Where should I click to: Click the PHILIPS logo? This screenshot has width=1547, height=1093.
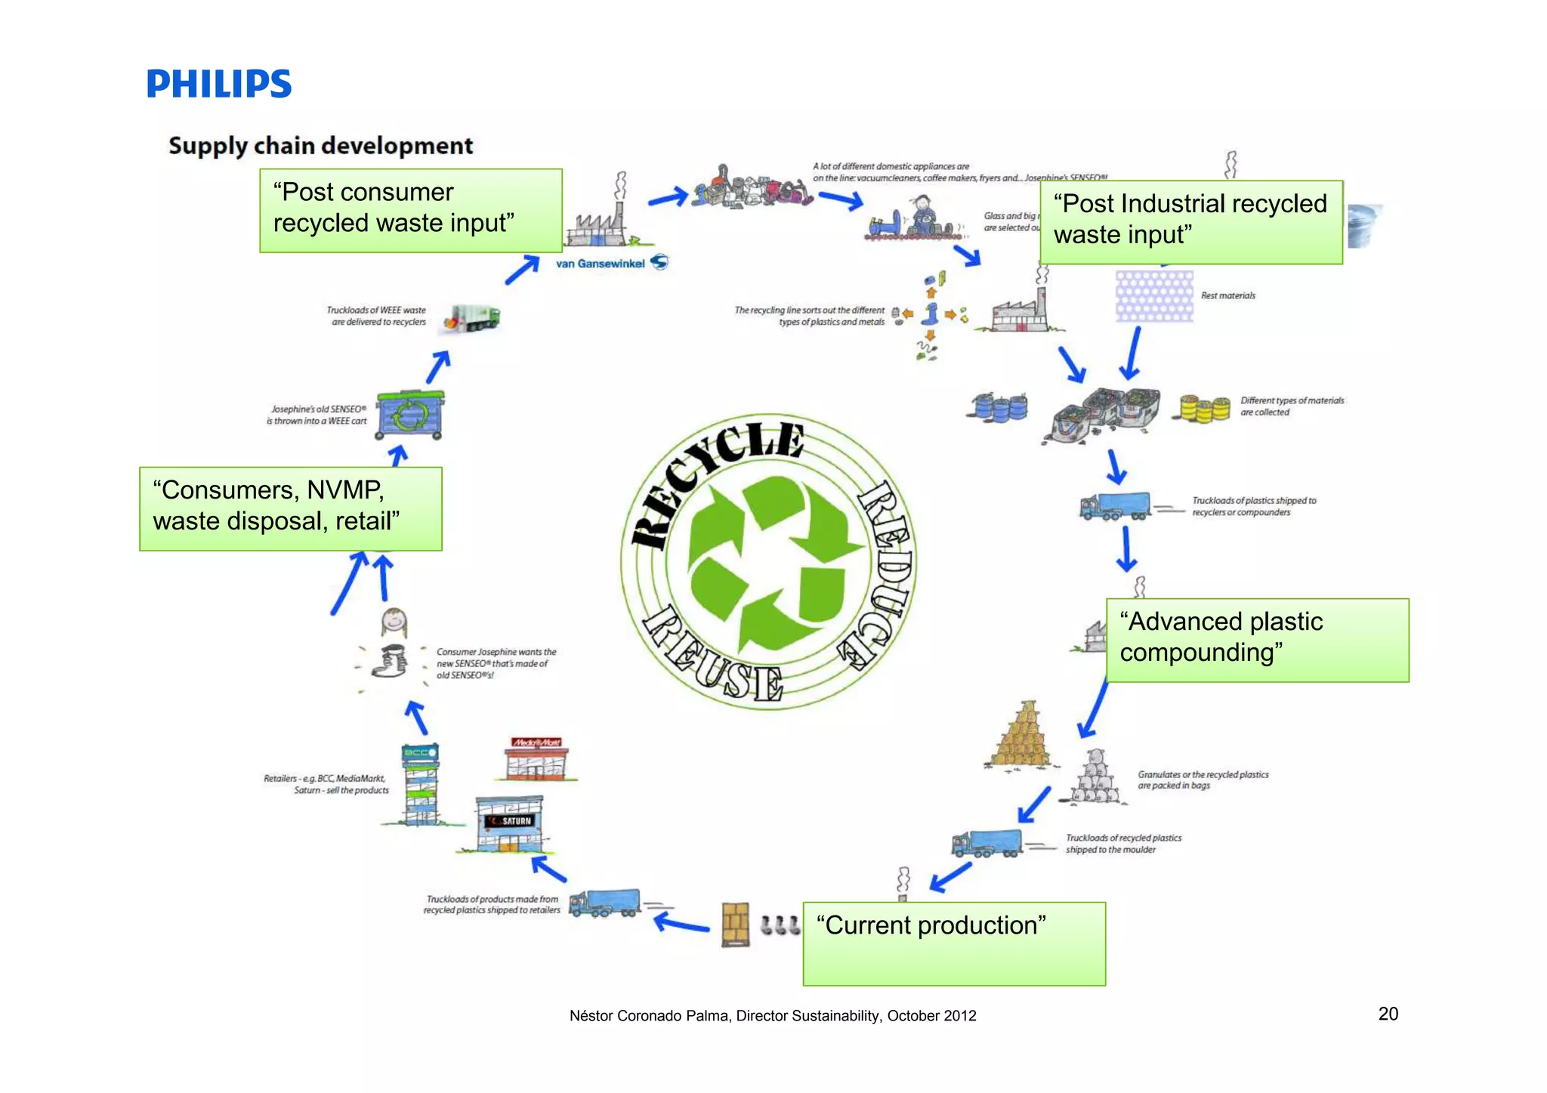[x=218, y=84]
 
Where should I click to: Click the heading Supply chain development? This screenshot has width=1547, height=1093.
[x=320, y=145]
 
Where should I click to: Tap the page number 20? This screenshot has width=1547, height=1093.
[x=1388, y=1014]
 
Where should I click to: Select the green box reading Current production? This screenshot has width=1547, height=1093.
[x=953, y=943]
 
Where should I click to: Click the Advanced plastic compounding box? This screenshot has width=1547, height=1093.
[x=1257, y=640]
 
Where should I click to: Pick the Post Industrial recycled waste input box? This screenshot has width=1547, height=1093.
[x=1190, y=221]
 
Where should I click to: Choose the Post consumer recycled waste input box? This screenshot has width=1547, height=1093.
[x=410, y=210]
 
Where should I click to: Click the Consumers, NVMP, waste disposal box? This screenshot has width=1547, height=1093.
[x=290, y=508]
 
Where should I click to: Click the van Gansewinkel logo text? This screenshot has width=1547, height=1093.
[x=601, y=264]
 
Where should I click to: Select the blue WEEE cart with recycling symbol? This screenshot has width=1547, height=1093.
[x=409, y=414]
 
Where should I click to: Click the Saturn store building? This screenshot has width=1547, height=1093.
[x=508, y=824]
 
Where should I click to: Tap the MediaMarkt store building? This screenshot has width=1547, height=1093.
[x=536, y=759]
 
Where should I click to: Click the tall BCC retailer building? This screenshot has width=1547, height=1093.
[x=420, y=786]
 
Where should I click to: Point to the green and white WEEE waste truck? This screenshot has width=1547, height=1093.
[x=473, y=318]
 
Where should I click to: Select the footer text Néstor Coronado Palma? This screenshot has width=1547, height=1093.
[x=772, y=1016]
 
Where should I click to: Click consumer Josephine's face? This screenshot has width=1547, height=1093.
[x=394, y=622]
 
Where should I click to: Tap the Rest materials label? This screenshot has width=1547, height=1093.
[x=1227, y=295]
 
